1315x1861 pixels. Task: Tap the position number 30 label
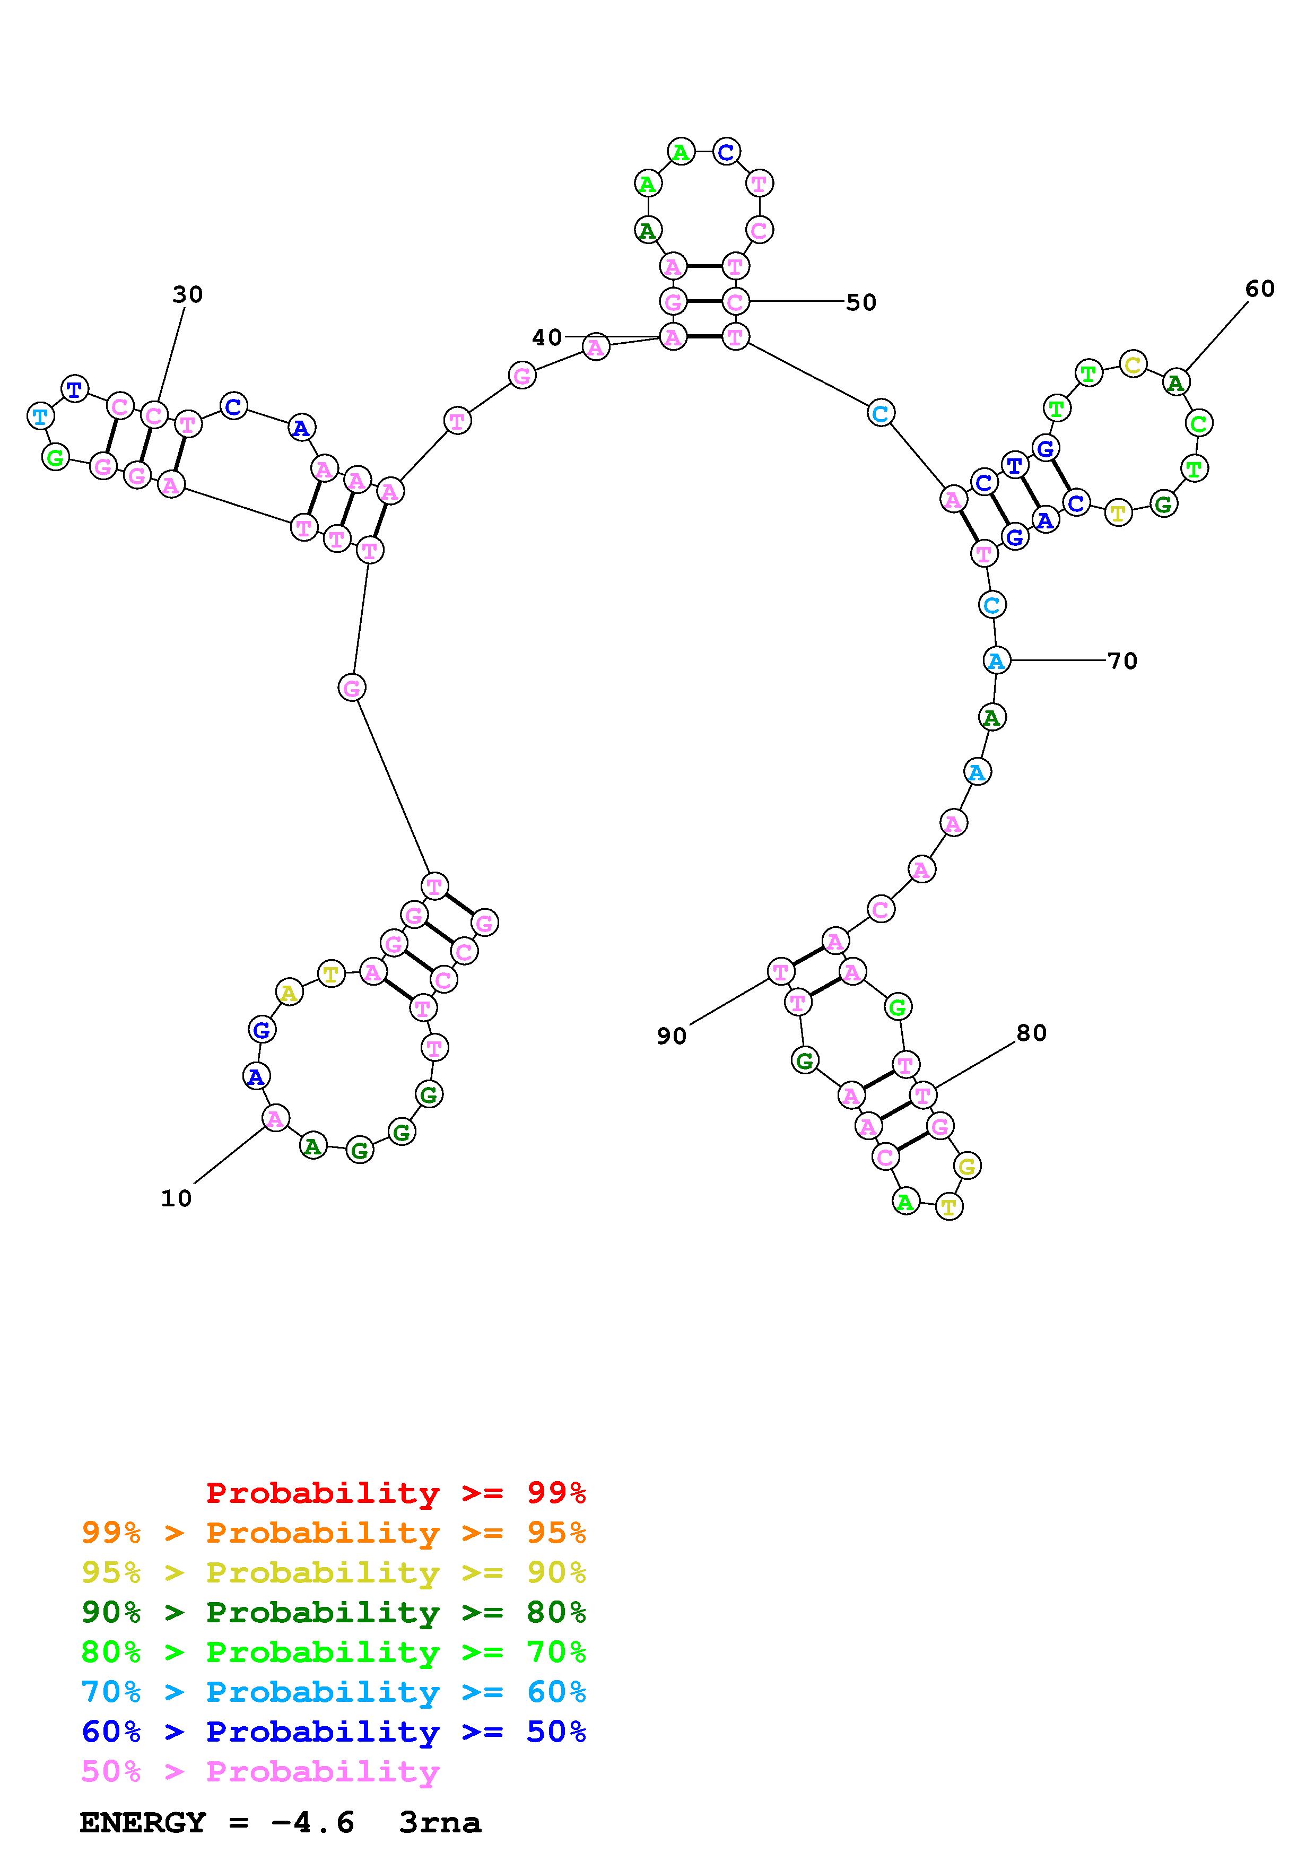(x=187, y=294)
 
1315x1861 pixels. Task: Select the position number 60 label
(x=1259, y=289)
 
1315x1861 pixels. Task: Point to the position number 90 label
(x=672, y=1036)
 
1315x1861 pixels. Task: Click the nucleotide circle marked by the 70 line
(x=996, y=660)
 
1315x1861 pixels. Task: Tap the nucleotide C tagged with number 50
(x=735, y=302)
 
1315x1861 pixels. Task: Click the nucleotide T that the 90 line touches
(x=780, y=971)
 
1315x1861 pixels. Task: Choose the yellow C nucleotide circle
(x=1133, y=365)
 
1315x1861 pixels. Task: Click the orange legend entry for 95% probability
(x=334, y=1533)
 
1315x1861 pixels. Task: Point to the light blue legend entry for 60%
(x=334, y=1692)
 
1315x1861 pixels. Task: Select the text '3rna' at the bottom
(x=440, y=1823)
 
